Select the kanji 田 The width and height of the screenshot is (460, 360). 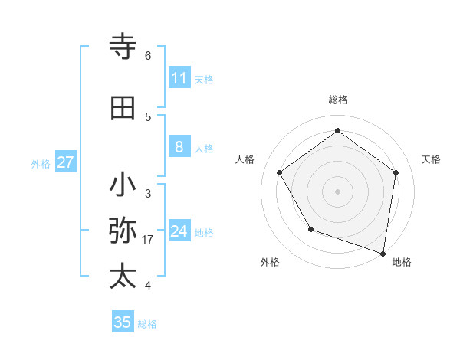coord(123,108)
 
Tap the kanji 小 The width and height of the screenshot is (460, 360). coord(123,185)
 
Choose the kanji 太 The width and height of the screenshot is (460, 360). coord(123,277)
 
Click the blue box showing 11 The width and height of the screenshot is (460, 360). coord(179,78)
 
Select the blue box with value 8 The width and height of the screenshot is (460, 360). coord(179,147)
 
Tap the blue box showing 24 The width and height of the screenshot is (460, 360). coord(179,231)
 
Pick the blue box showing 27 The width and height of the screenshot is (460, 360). coord(65,162)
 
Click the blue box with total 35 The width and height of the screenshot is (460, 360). coord(123,322)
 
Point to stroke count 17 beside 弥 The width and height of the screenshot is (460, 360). coord(148,240)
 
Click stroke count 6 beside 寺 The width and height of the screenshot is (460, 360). coord(148,56)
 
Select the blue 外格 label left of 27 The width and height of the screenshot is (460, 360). coord(41,163)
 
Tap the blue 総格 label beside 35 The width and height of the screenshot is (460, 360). coord(147,324)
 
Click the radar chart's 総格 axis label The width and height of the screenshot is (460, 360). coord(337,100)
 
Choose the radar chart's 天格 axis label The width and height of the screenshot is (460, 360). coord(431,159)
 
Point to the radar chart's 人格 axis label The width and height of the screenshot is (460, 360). coord(245,159)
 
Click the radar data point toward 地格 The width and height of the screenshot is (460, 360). coord(383,253)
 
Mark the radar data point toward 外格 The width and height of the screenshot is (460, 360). coord(310,229)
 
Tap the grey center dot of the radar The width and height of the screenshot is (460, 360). coord(337,191)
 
